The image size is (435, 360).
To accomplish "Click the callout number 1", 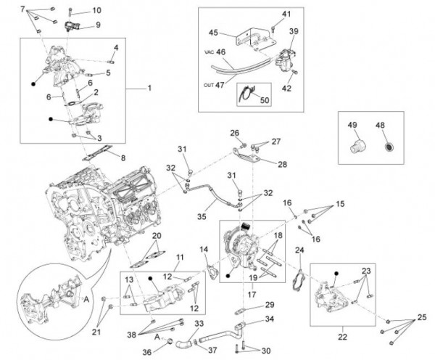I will (151, 88).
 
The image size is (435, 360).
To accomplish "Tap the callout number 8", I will (123, 157).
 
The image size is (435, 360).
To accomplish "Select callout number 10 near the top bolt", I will (97, 10).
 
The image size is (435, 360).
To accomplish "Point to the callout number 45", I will (214, 33).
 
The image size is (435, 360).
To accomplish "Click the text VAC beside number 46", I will (208, 52).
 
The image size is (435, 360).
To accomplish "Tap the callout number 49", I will (355, 125).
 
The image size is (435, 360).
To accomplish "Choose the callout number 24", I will (299, 250).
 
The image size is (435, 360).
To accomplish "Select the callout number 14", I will (205, 250).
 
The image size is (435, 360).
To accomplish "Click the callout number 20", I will (156, 236).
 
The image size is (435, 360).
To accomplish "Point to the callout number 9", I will (98, 25).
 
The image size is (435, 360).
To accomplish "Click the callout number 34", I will (269, 318).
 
